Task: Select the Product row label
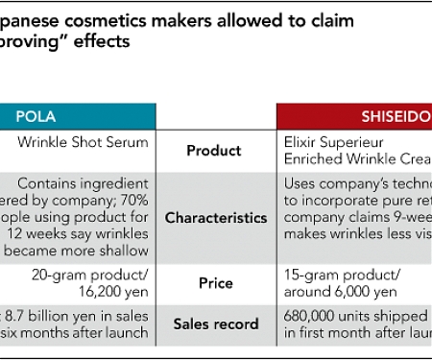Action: (215, 150)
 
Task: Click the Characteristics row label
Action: (215, 218)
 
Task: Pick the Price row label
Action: (215, 284)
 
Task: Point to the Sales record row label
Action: (215, 324)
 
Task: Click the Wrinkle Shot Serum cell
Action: (84, 143)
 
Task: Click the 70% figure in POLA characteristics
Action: (133, 200)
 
